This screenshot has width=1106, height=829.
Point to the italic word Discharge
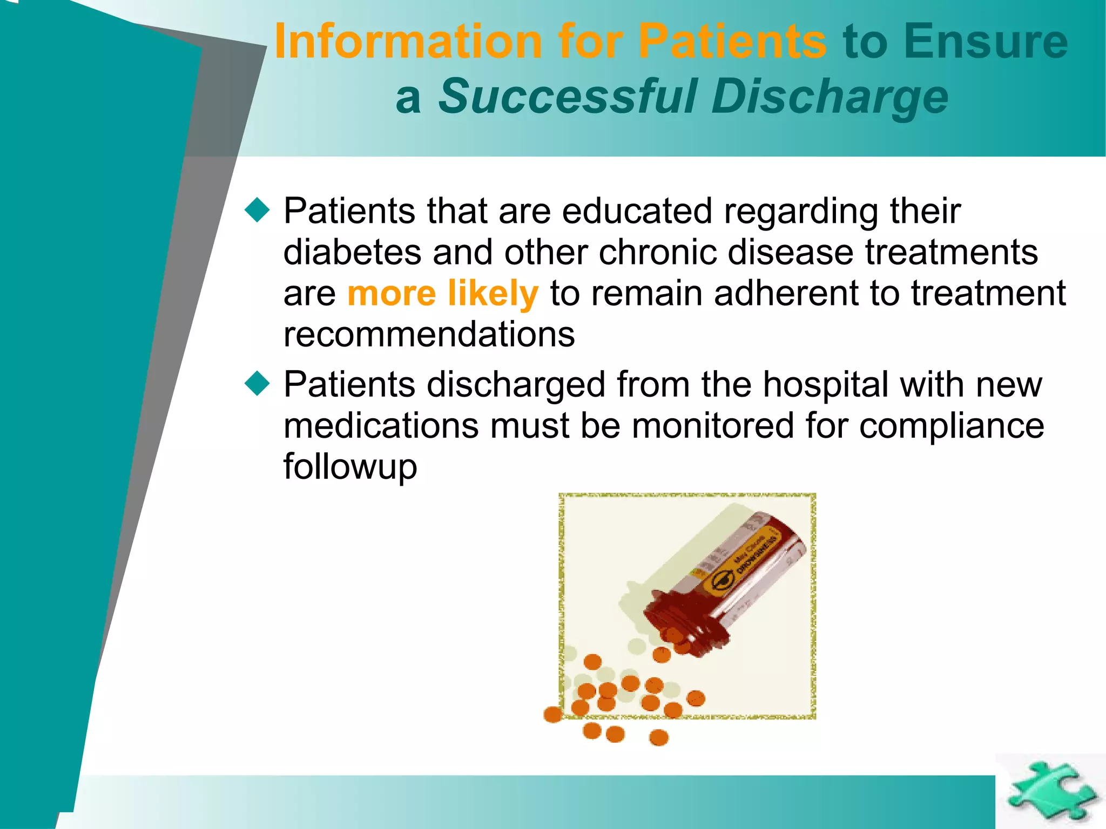coord(829,97)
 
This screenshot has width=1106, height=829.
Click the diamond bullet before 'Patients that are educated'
coord(257,210)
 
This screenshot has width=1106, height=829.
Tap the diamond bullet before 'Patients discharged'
coord(257,384)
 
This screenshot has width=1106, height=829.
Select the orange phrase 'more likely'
coord(443,293)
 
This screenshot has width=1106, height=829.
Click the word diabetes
coord(352,252)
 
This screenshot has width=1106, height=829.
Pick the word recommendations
coord(429,335)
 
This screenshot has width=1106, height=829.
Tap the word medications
coord(381,426)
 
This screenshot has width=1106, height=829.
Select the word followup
coord(350,466)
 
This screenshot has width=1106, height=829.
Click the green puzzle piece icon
coord(1050,791)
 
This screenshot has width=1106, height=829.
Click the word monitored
coord(713,426)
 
